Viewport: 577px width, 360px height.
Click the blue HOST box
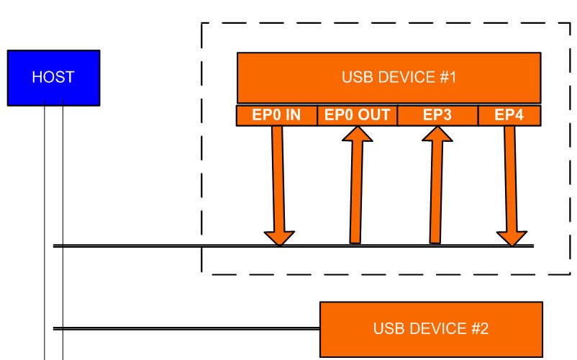(53, 78)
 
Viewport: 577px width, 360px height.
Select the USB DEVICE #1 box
(389, 77)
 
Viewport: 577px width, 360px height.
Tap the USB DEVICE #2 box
(431, 329)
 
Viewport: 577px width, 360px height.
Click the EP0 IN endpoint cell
(276, 115)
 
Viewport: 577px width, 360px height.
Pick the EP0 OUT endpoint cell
(357, 115)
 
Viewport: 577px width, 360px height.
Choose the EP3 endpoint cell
(437, 115)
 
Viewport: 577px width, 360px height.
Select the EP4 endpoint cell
(509, 115)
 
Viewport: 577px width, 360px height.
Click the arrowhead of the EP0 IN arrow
(279, 238)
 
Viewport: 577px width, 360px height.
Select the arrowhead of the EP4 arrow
(512, 238)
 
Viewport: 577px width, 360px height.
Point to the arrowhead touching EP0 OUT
(358, 134)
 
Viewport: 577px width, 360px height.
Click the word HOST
(53, 78)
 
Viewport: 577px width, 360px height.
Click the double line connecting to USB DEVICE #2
(187, 329)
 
